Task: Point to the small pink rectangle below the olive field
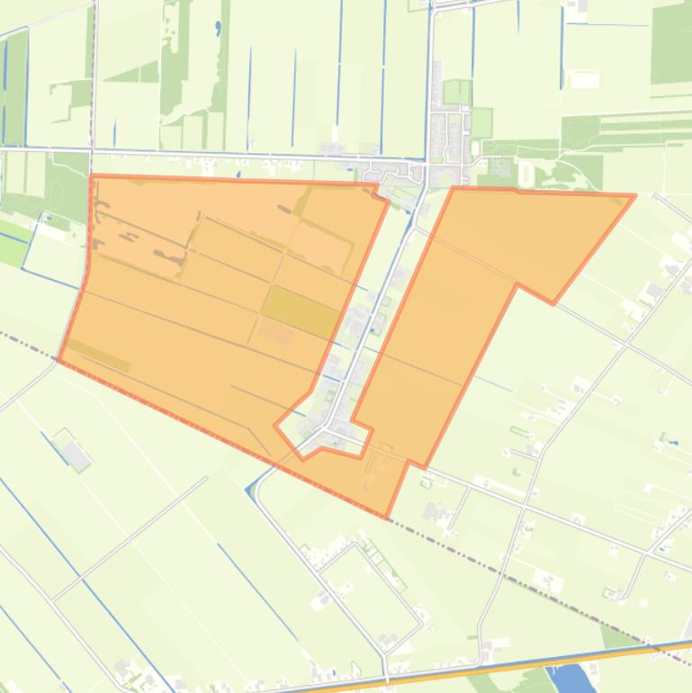tap(276, 332)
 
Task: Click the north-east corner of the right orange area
tap(634, 195)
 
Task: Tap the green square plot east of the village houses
tap(482, 121)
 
